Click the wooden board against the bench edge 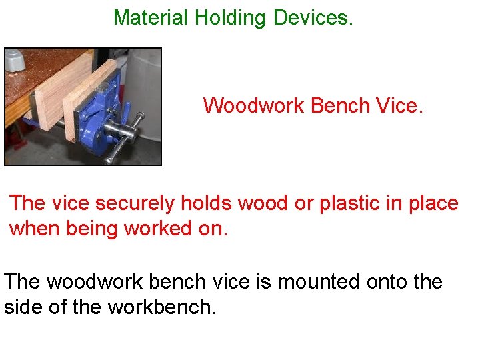point(50,93)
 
